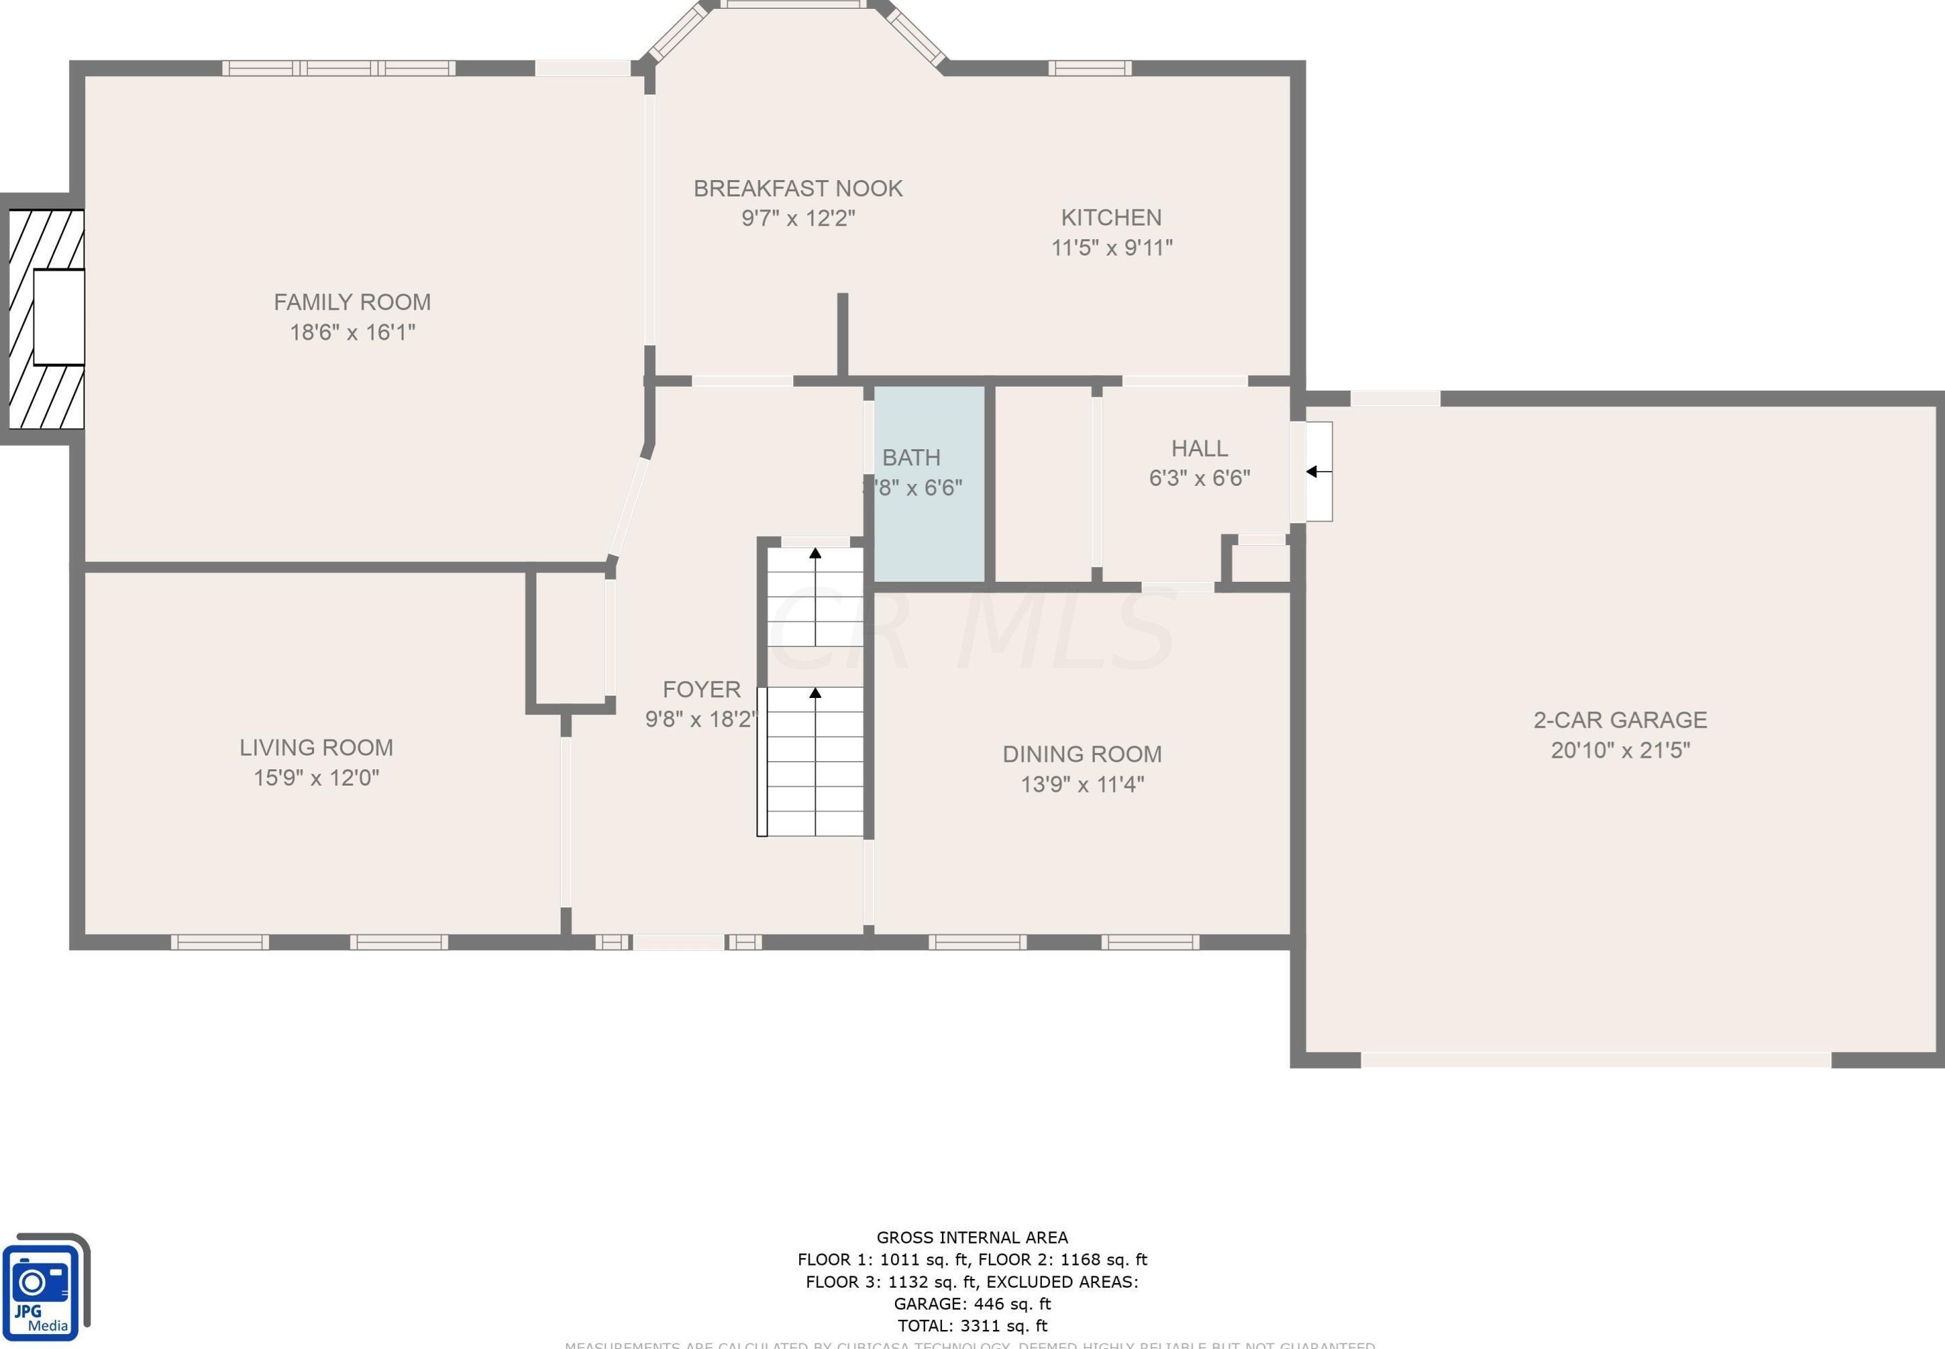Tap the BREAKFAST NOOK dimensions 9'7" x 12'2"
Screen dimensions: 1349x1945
pyautogui.click(x=798, y=218)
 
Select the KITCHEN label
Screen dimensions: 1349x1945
pyautogui.click(x=1110, y=217)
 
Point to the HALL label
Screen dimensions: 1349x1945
pyautogui.click(x=1199, y=448)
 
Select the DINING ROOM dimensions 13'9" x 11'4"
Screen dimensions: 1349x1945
pyautogui.click(x=1082, y=784)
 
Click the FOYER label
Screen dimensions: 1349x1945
pyautogui.click(x=701, y=689)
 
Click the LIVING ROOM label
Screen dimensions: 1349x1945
pyautogui.click(x=316, y=747)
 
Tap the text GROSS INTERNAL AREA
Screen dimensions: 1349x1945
pyautogui.click(x=972, y=1238)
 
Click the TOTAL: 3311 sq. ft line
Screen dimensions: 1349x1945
pyautogui.click(x=972, y=1325)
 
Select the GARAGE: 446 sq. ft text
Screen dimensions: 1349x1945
pyautogui.click(x=972, y=1303)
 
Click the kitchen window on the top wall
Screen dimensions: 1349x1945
pyautogui.click(x=1089, y=67)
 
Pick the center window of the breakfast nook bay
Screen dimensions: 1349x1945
pyautogui.click(x=793, y=5)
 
